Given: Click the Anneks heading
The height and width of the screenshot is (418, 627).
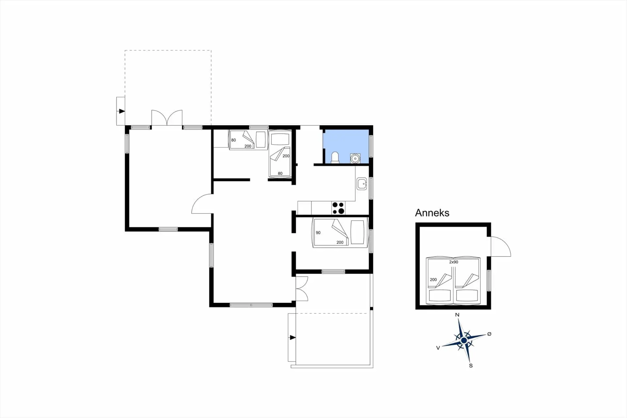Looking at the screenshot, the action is tap(432, 213).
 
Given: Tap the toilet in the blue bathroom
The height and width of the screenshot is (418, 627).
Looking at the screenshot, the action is tap(335, 158).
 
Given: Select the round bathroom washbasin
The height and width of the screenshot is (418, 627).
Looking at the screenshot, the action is tap(355, 159).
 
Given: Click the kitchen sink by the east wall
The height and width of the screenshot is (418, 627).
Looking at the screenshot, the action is tap(362, 184).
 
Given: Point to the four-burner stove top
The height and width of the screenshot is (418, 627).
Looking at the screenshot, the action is tap(338, 208).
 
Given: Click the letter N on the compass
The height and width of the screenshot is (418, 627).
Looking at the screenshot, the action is tap(457, 315).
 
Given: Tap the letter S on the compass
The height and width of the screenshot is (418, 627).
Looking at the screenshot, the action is tap(471, 366).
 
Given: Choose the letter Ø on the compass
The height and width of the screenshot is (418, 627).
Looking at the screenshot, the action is tap(489, 334).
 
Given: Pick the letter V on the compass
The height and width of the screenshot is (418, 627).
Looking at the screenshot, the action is tap(438, 348).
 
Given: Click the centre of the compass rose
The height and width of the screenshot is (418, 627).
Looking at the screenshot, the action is tap(464, 341).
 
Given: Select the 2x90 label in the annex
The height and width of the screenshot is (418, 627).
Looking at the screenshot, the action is tap(454, 262).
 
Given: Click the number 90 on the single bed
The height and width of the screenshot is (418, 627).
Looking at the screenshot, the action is tap(318, 233).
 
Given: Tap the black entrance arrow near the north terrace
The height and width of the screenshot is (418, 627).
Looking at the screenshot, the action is tap(122, 111).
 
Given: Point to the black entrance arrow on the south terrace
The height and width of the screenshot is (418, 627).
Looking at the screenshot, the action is tap(293, 338).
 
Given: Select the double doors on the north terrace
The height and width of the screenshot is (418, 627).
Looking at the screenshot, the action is tap(167, 118).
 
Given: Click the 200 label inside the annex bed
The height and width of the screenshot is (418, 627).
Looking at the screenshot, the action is tap(433, 280).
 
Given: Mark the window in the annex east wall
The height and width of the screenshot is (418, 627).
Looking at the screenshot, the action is tap(489, 280).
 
